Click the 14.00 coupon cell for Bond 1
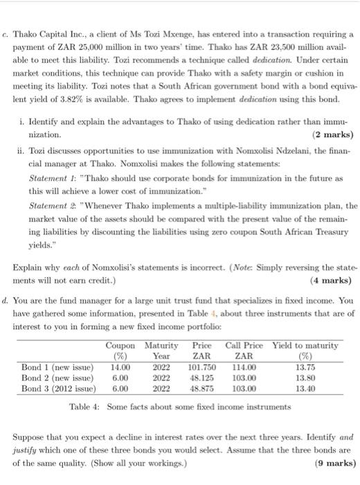(x=120, y=367)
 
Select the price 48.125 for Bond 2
(x=202, y=378)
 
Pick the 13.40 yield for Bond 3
(x=305, y=389)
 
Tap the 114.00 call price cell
(x=244, y=367)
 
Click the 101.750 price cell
(x=202, y=367)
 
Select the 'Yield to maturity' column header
(x=305, y=345)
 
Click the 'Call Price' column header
(x=244, y=345)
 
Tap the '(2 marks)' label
(x=332, y=134)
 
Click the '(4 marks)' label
(x=332, y=281)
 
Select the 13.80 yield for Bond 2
(x=305, y=378)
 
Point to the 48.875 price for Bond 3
(x=202, y=389)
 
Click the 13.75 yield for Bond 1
(x=305, y=367)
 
